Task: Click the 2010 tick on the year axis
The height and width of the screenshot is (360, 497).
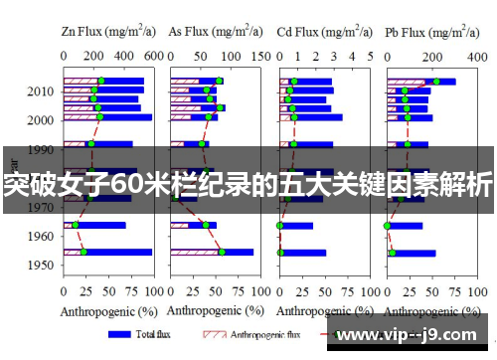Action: (42, 91)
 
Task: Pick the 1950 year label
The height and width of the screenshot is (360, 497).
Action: (42, 266)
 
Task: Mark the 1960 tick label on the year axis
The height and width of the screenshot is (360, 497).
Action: (42, 237)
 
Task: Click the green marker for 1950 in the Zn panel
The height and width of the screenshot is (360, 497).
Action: (83, 252)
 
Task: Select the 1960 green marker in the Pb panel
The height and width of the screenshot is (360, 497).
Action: (388, 226)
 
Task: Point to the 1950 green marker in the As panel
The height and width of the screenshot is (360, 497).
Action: (222, 252)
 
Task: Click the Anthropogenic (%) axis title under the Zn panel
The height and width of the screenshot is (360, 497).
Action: (106, 311)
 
